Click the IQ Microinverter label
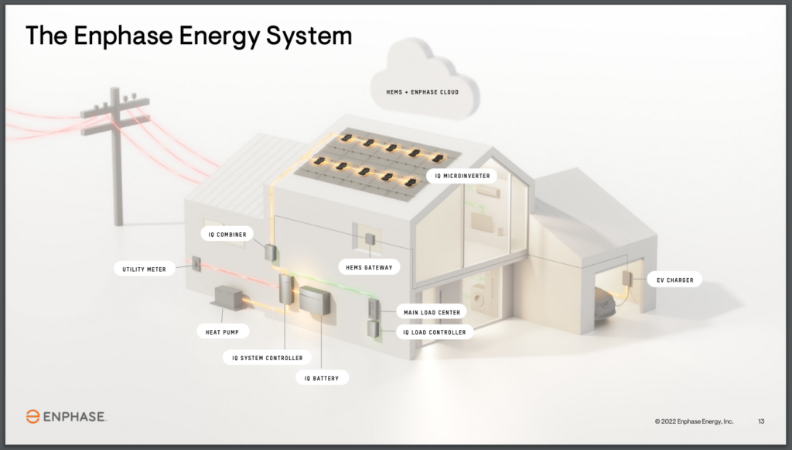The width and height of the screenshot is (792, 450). [463, 176]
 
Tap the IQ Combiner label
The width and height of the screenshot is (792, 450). [227, 235]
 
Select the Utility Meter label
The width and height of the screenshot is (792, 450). [144, 269]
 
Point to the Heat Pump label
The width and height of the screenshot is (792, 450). [222, 331]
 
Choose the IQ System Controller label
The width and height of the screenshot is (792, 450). [267, 358]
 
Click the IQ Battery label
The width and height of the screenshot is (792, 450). [322, 378]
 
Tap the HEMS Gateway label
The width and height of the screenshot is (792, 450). [369, 267]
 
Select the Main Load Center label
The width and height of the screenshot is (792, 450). [432, 312]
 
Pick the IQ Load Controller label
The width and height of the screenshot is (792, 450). [435, 331]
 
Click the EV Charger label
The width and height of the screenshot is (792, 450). [674, 280]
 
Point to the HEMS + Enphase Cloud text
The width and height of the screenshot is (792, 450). [422, 92]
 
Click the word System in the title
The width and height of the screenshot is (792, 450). [309, 36]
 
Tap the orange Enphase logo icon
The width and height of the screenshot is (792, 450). [32, 417]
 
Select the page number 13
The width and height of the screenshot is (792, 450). [761, 421]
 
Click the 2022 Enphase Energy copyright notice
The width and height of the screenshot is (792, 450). [694, 421]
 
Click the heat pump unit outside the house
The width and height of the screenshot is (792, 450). [230, 297]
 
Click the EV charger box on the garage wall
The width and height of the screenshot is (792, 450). [626, 279]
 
